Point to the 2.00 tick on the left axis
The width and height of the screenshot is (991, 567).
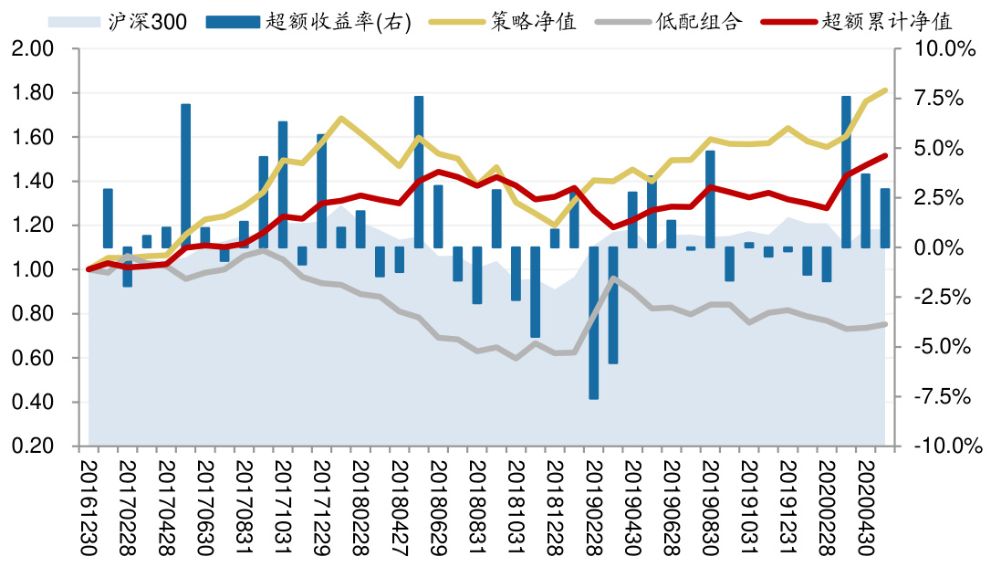35,49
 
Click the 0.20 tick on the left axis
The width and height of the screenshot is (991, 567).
35,446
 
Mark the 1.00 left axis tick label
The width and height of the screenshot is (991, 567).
35,270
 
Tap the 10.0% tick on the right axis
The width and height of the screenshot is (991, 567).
949,49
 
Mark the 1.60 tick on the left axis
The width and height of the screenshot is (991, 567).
35,138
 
